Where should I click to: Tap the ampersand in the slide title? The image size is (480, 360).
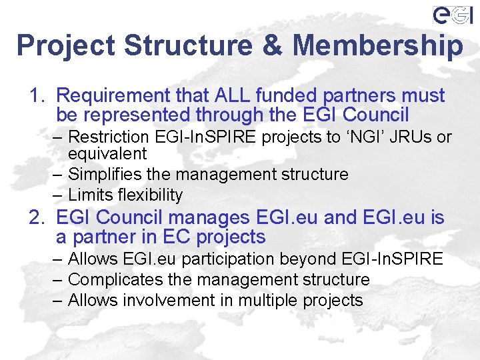click(272, 45)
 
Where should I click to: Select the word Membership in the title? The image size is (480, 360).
click(377, 45)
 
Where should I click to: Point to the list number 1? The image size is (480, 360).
click(35, 96)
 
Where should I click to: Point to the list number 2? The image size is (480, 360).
click(35, 217)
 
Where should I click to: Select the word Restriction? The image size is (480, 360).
click(109, 137)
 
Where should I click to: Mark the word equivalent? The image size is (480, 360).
click(107, 154)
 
